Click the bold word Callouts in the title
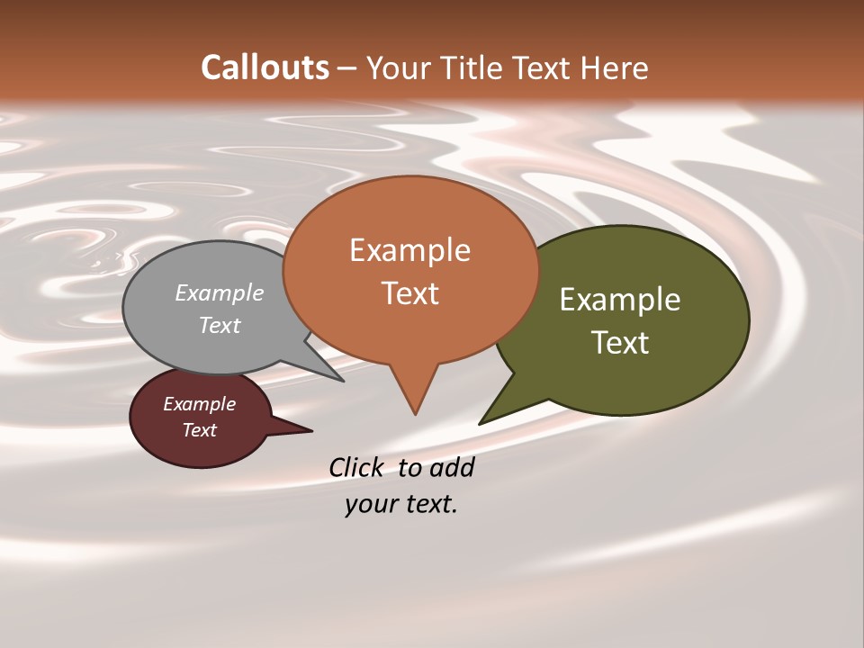pyautogui.click(x=265, y=67)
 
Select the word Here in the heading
pyautogui.click(x=614, y=67)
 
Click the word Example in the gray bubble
pyautogui.click(x=220, y=292)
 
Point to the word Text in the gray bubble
pyautogui.click(x=220, y=325)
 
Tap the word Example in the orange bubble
pyautogui.click(x=409, y=250)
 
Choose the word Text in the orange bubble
pyautogui.click(x=410, y=293)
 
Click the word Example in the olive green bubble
pyautogui.click(x=620, y=300)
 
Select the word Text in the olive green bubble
pyautogui.click(x=621, y=343)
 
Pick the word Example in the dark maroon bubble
pyautogui.click(x=200, y=404)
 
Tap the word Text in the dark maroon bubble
pyautogui.click(x=200, y=430)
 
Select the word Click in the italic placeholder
pyautogui.click(x=357, y=467)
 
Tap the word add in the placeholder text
pyautogui.click(x=452, y=467)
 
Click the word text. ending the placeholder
pyautogui.click(x=429, y=504)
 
